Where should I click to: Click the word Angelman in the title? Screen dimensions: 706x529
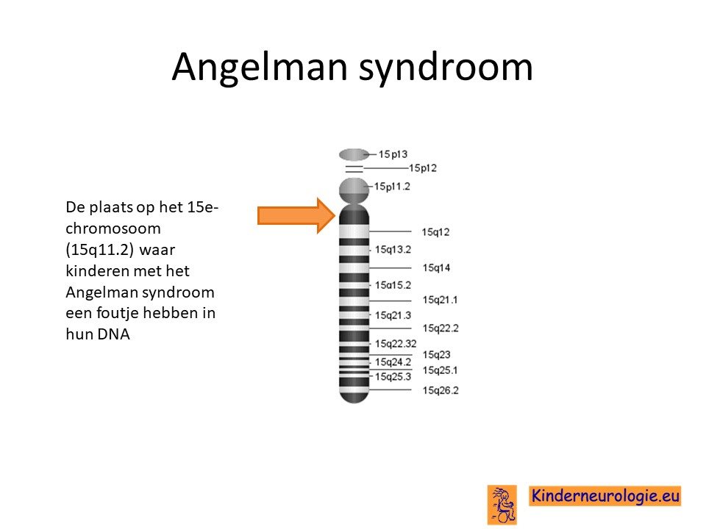260,68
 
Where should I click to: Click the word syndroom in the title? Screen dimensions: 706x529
446,68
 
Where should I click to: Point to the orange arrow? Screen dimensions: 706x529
296,215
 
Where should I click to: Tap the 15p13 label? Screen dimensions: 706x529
393,154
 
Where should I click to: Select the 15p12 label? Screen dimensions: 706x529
422,168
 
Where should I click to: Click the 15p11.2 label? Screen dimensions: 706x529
392,187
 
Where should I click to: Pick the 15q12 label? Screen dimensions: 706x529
435,232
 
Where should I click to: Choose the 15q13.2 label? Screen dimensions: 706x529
393,250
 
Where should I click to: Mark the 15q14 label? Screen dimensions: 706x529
436,268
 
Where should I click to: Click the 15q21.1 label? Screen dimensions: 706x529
440,300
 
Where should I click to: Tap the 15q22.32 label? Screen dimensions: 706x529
396,344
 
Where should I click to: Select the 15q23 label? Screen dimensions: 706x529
436,355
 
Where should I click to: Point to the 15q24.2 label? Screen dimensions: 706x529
393,362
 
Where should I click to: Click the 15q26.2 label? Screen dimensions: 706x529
441,390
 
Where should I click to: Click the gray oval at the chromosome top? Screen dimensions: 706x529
354,155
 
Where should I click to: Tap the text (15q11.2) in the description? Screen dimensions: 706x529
99,250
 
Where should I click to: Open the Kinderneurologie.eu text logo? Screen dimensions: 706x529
605,496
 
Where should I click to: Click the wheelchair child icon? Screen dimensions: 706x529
502,505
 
